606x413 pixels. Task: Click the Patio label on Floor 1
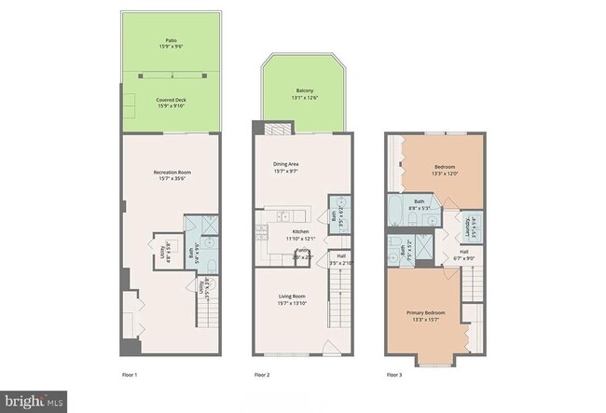(172, 44)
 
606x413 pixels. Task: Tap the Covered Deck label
(172, 102)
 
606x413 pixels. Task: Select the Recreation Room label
(172, 174)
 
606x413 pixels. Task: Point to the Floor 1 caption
(130, 374)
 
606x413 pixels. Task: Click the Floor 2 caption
(262, 374)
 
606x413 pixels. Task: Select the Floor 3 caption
(394, 374)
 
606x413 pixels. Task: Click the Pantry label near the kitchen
(304, 253)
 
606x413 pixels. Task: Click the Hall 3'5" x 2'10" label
(340, 259)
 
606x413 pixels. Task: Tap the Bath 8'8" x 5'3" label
(420, 204)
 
